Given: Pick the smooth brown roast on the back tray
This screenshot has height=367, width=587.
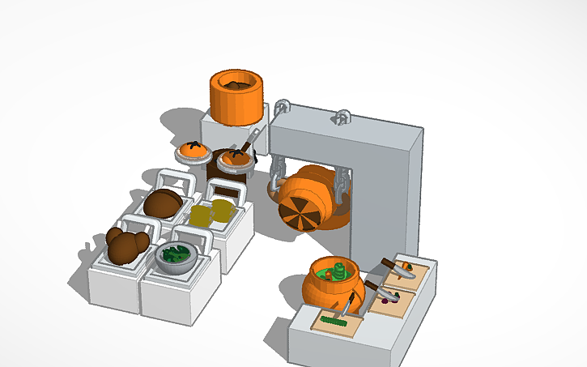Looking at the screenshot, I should [x=164, y=203].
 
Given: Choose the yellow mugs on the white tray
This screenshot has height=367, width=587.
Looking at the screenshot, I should [x=211, y=214].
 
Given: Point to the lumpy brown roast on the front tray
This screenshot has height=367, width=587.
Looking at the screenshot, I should [x=126, y=245].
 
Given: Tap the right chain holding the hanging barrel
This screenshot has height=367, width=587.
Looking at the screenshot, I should [x=340, y=179].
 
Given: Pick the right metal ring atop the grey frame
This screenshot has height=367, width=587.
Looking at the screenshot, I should [x=342, y=117].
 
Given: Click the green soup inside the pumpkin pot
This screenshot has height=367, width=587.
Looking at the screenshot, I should [x=337, y=271].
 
